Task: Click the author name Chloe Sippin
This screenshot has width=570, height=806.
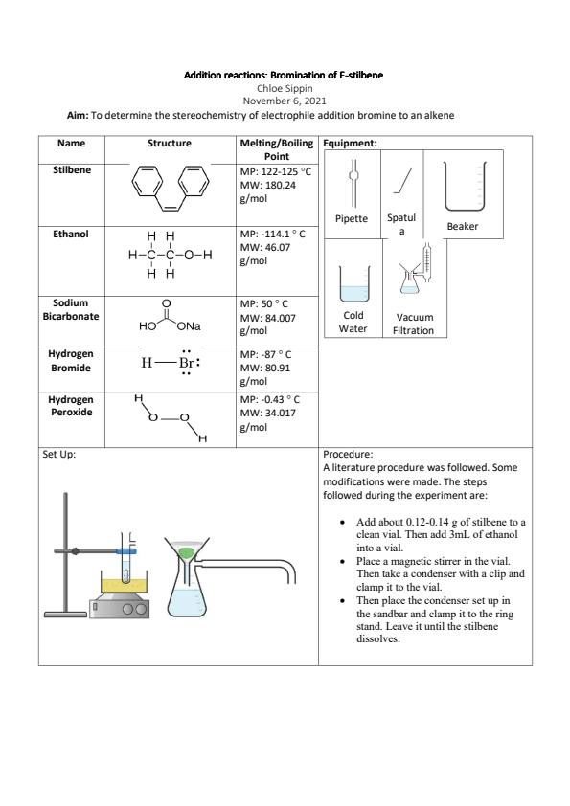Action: (285, 88)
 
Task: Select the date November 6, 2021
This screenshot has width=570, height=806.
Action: (285, 101)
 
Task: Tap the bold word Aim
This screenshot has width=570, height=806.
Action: (78, 115)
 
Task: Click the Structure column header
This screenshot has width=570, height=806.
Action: (170, 143)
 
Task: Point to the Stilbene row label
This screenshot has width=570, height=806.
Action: (72, 169)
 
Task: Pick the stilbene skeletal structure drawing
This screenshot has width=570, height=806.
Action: (171, 188)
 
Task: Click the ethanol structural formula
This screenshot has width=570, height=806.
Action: (171, 255)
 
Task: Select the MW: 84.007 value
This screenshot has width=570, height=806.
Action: (268, 318)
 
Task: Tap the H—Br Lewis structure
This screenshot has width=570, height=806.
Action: (171, 363)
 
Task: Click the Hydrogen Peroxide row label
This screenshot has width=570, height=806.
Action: (72, 406)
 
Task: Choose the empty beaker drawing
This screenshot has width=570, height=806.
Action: (465, 186)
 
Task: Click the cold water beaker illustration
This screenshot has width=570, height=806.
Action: (354, 283)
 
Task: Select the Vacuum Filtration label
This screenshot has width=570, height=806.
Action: (414, 324)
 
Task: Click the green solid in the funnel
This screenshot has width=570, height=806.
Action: (186, 553)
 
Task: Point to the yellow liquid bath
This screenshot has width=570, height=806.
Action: (124, 586)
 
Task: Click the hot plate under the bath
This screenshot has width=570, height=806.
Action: (120, 608)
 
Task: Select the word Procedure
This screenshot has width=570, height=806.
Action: (348, 455)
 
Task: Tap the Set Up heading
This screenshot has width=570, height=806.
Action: (58, 455)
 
